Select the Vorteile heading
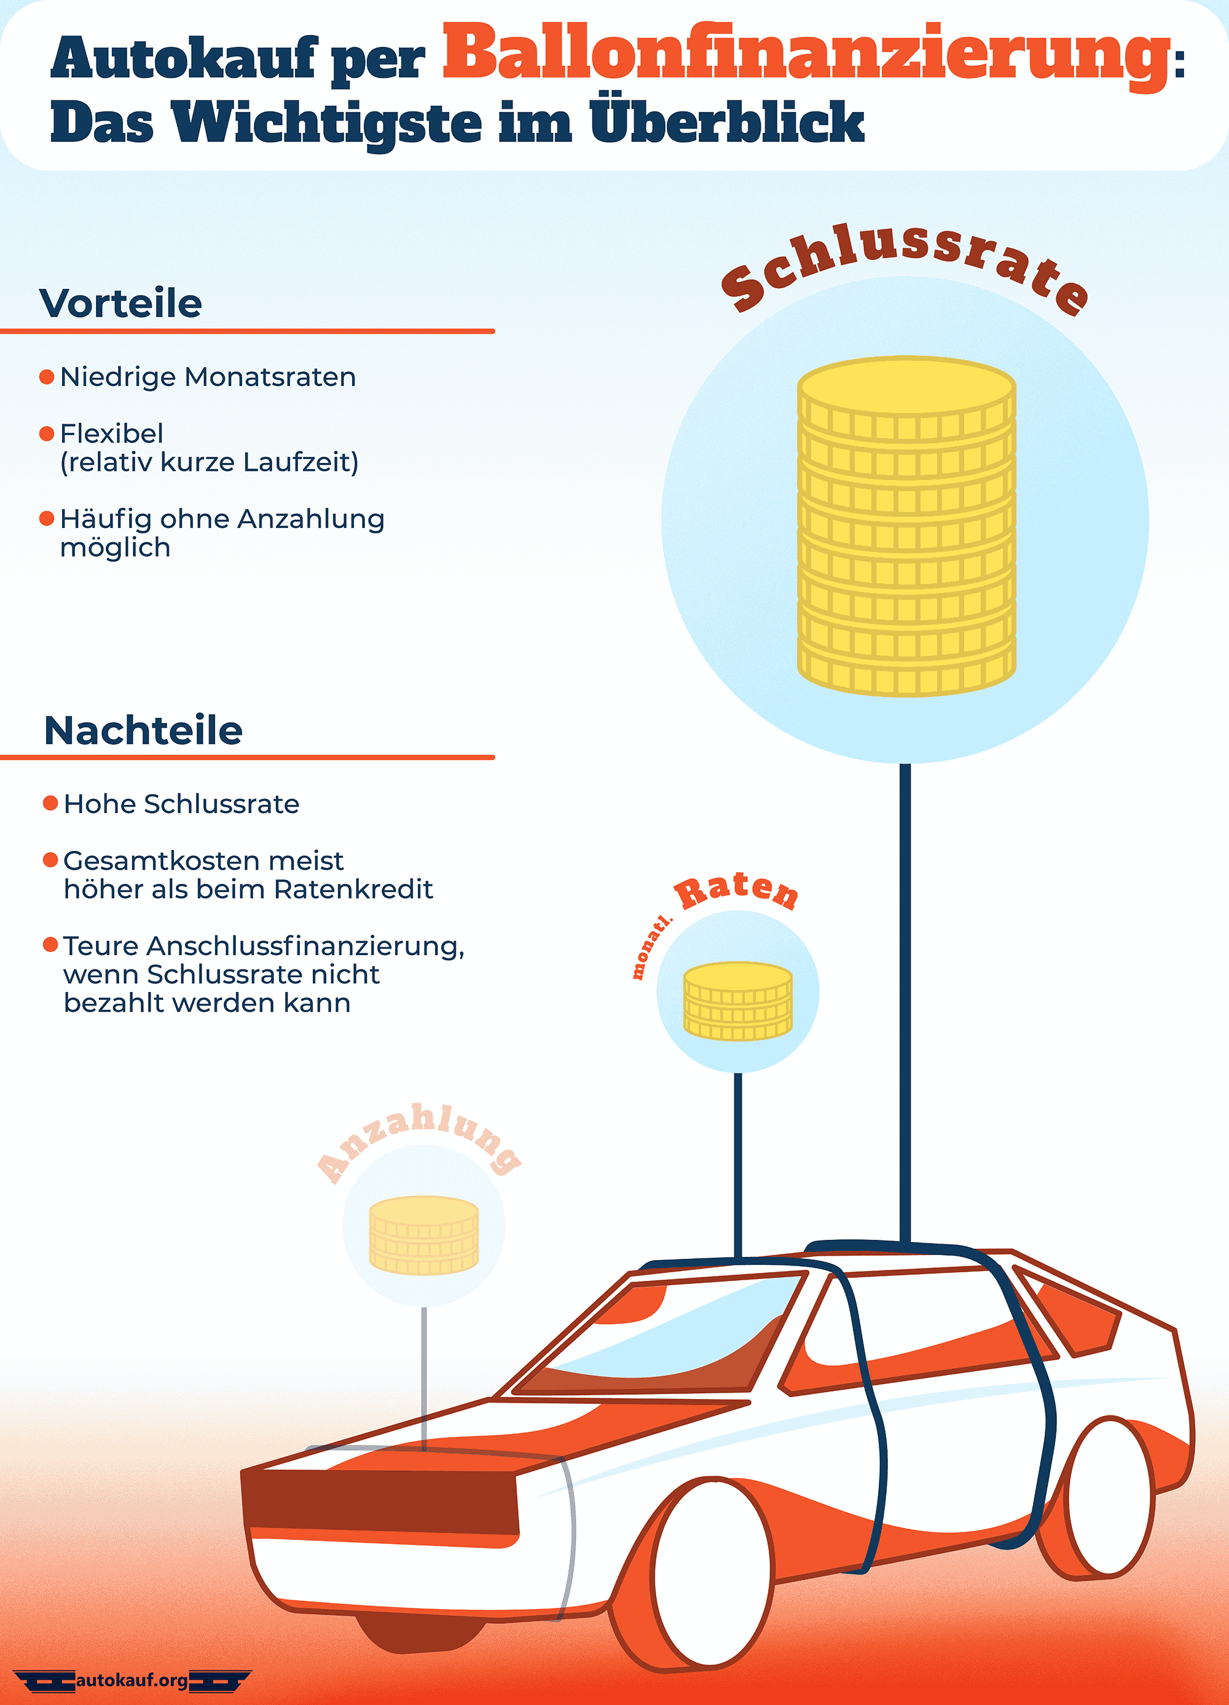[x=120, y=303]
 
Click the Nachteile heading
[x=143, y=730]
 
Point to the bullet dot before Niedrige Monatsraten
[x=47, y=376]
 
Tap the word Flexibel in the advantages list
[x=111, y=433]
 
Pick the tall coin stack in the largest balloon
[x=906, y=526]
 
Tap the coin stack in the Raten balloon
[x=737, y=1001]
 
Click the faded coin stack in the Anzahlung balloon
[x=424, y=1235]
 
